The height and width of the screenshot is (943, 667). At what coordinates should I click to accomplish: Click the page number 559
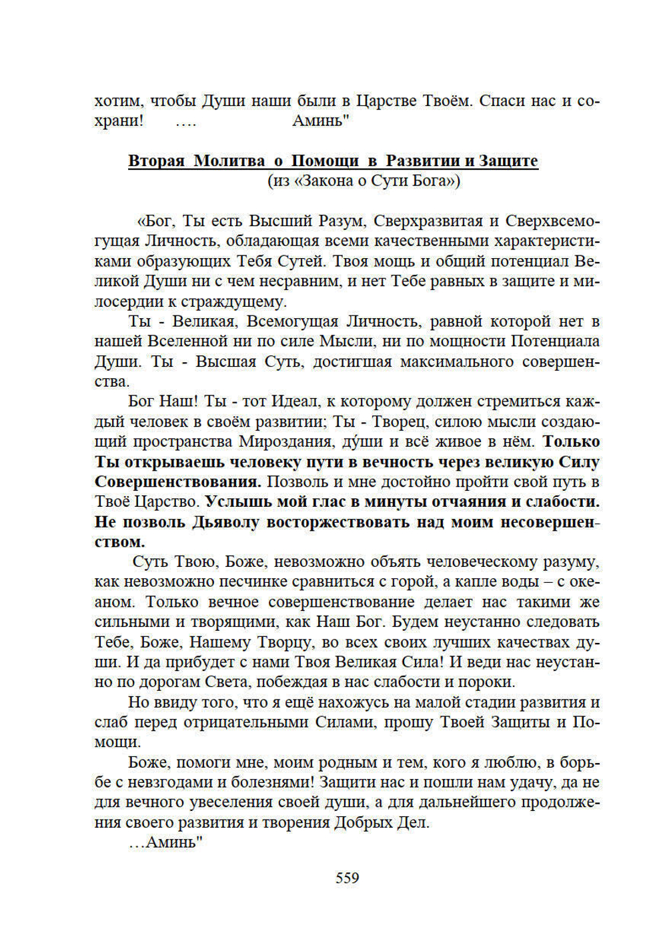[x=347, y=878]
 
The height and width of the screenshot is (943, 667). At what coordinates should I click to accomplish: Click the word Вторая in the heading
[x=156, y=161]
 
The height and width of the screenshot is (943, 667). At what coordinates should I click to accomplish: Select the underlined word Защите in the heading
[x=508, y=161]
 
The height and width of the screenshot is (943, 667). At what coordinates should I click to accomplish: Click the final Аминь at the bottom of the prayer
[x=174, y=843]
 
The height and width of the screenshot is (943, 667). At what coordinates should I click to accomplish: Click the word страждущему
[x=241, y=301]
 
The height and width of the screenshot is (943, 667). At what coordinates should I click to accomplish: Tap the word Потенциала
[x=555, y=341]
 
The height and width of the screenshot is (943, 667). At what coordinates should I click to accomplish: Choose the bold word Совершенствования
[x=177, y=482]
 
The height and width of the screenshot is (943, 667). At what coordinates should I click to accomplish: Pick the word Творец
[x=399, y=421]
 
